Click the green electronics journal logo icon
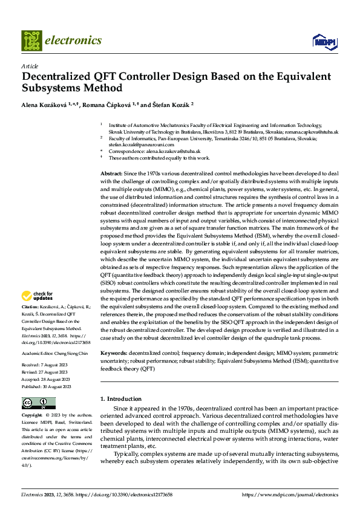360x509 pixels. point(31,41)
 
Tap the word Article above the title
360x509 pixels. point(30,66)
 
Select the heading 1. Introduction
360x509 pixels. point(120,399)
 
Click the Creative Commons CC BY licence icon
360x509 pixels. point(38,403)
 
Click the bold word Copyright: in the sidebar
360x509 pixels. point(32,415)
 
